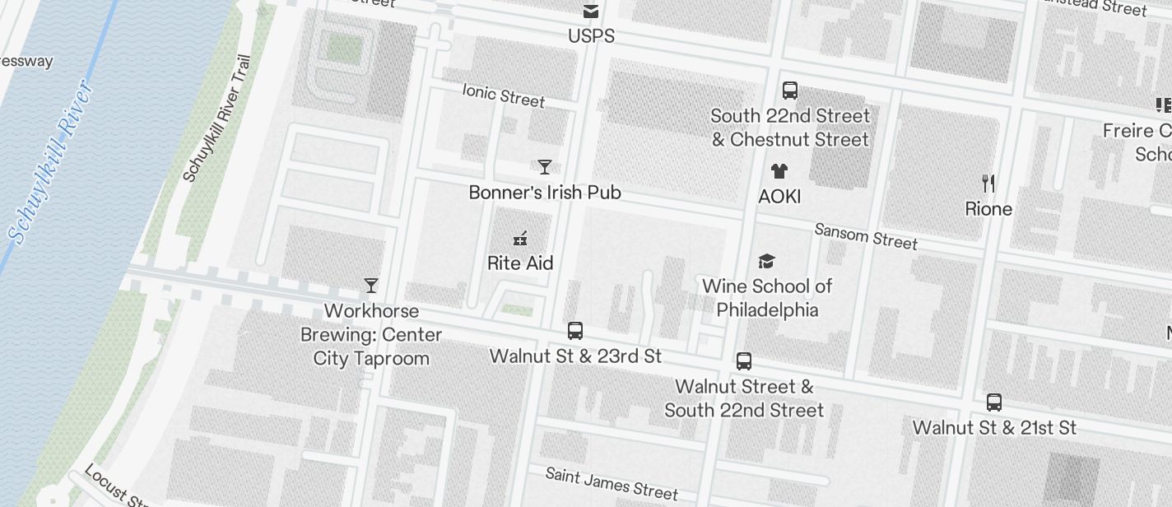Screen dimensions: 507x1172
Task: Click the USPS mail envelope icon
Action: [x=590, y=12]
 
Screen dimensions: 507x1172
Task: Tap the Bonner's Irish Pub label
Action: [x=545, y=193]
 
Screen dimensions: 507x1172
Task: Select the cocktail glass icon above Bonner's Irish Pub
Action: [x=544, y=167]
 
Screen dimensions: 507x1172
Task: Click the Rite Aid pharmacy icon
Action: [x=519, y=239]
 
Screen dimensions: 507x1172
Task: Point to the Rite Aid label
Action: [x=520, y=263]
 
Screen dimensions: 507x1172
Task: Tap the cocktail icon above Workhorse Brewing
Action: [x=371, y=286]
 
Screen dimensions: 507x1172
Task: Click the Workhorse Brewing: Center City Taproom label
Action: [x=371, y=335]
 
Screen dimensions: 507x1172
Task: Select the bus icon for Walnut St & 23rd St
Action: [x=575, y=331]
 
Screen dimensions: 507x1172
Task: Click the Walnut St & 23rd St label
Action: [x=575, y=356]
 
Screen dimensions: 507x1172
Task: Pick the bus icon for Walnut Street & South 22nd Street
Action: [x=743, y=360]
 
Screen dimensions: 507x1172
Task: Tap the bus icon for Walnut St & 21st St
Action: [x=993, y=402]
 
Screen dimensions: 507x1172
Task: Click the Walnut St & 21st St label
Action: [x=994, y=428]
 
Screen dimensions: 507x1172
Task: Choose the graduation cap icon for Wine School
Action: [x=766, y=261]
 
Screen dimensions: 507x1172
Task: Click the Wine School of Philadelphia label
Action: [x=767, y=298]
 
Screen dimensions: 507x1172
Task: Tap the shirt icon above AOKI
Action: [x=779, y=171]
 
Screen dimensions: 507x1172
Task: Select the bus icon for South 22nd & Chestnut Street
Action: [x=789, y=91]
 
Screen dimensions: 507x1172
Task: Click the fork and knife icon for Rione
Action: [x=988, y=183]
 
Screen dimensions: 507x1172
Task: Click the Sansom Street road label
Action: [x=865, y=236]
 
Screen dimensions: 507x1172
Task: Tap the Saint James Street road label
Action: [x=612, y=484]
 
